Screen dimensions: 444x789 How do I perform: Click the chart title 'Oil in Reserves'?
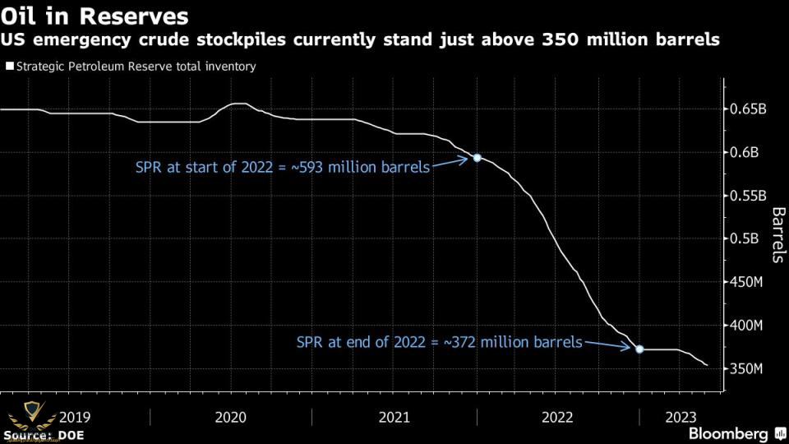95,16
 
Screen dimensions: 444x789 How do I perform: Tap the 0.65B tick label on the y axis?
749,109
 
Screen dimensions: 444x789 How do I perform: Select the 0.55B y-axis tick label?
749,196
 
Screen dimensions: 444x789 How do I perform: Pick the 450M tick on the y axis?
747,282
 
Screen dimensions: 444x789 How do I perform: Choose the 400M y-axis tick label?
747,326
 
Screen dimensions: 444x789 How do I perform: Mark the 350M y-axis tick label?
747,368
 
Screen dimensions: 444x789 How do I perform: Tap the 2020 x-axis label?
231,417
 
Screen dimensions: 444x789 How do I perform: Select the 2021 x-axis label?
394,417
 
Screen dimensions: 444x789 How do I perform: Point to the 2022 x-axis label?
558,417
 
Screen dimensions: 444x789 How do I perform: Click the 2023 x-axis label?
681,417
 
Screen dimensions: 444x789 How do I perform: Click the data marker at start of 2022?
477,157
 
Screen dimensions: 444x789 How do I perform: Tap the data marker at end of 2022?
640,349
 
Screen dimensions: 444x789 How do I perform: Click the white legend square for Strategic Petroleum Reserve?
9,67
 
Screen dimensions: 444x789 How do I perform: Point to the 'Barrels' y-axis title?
777,235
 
